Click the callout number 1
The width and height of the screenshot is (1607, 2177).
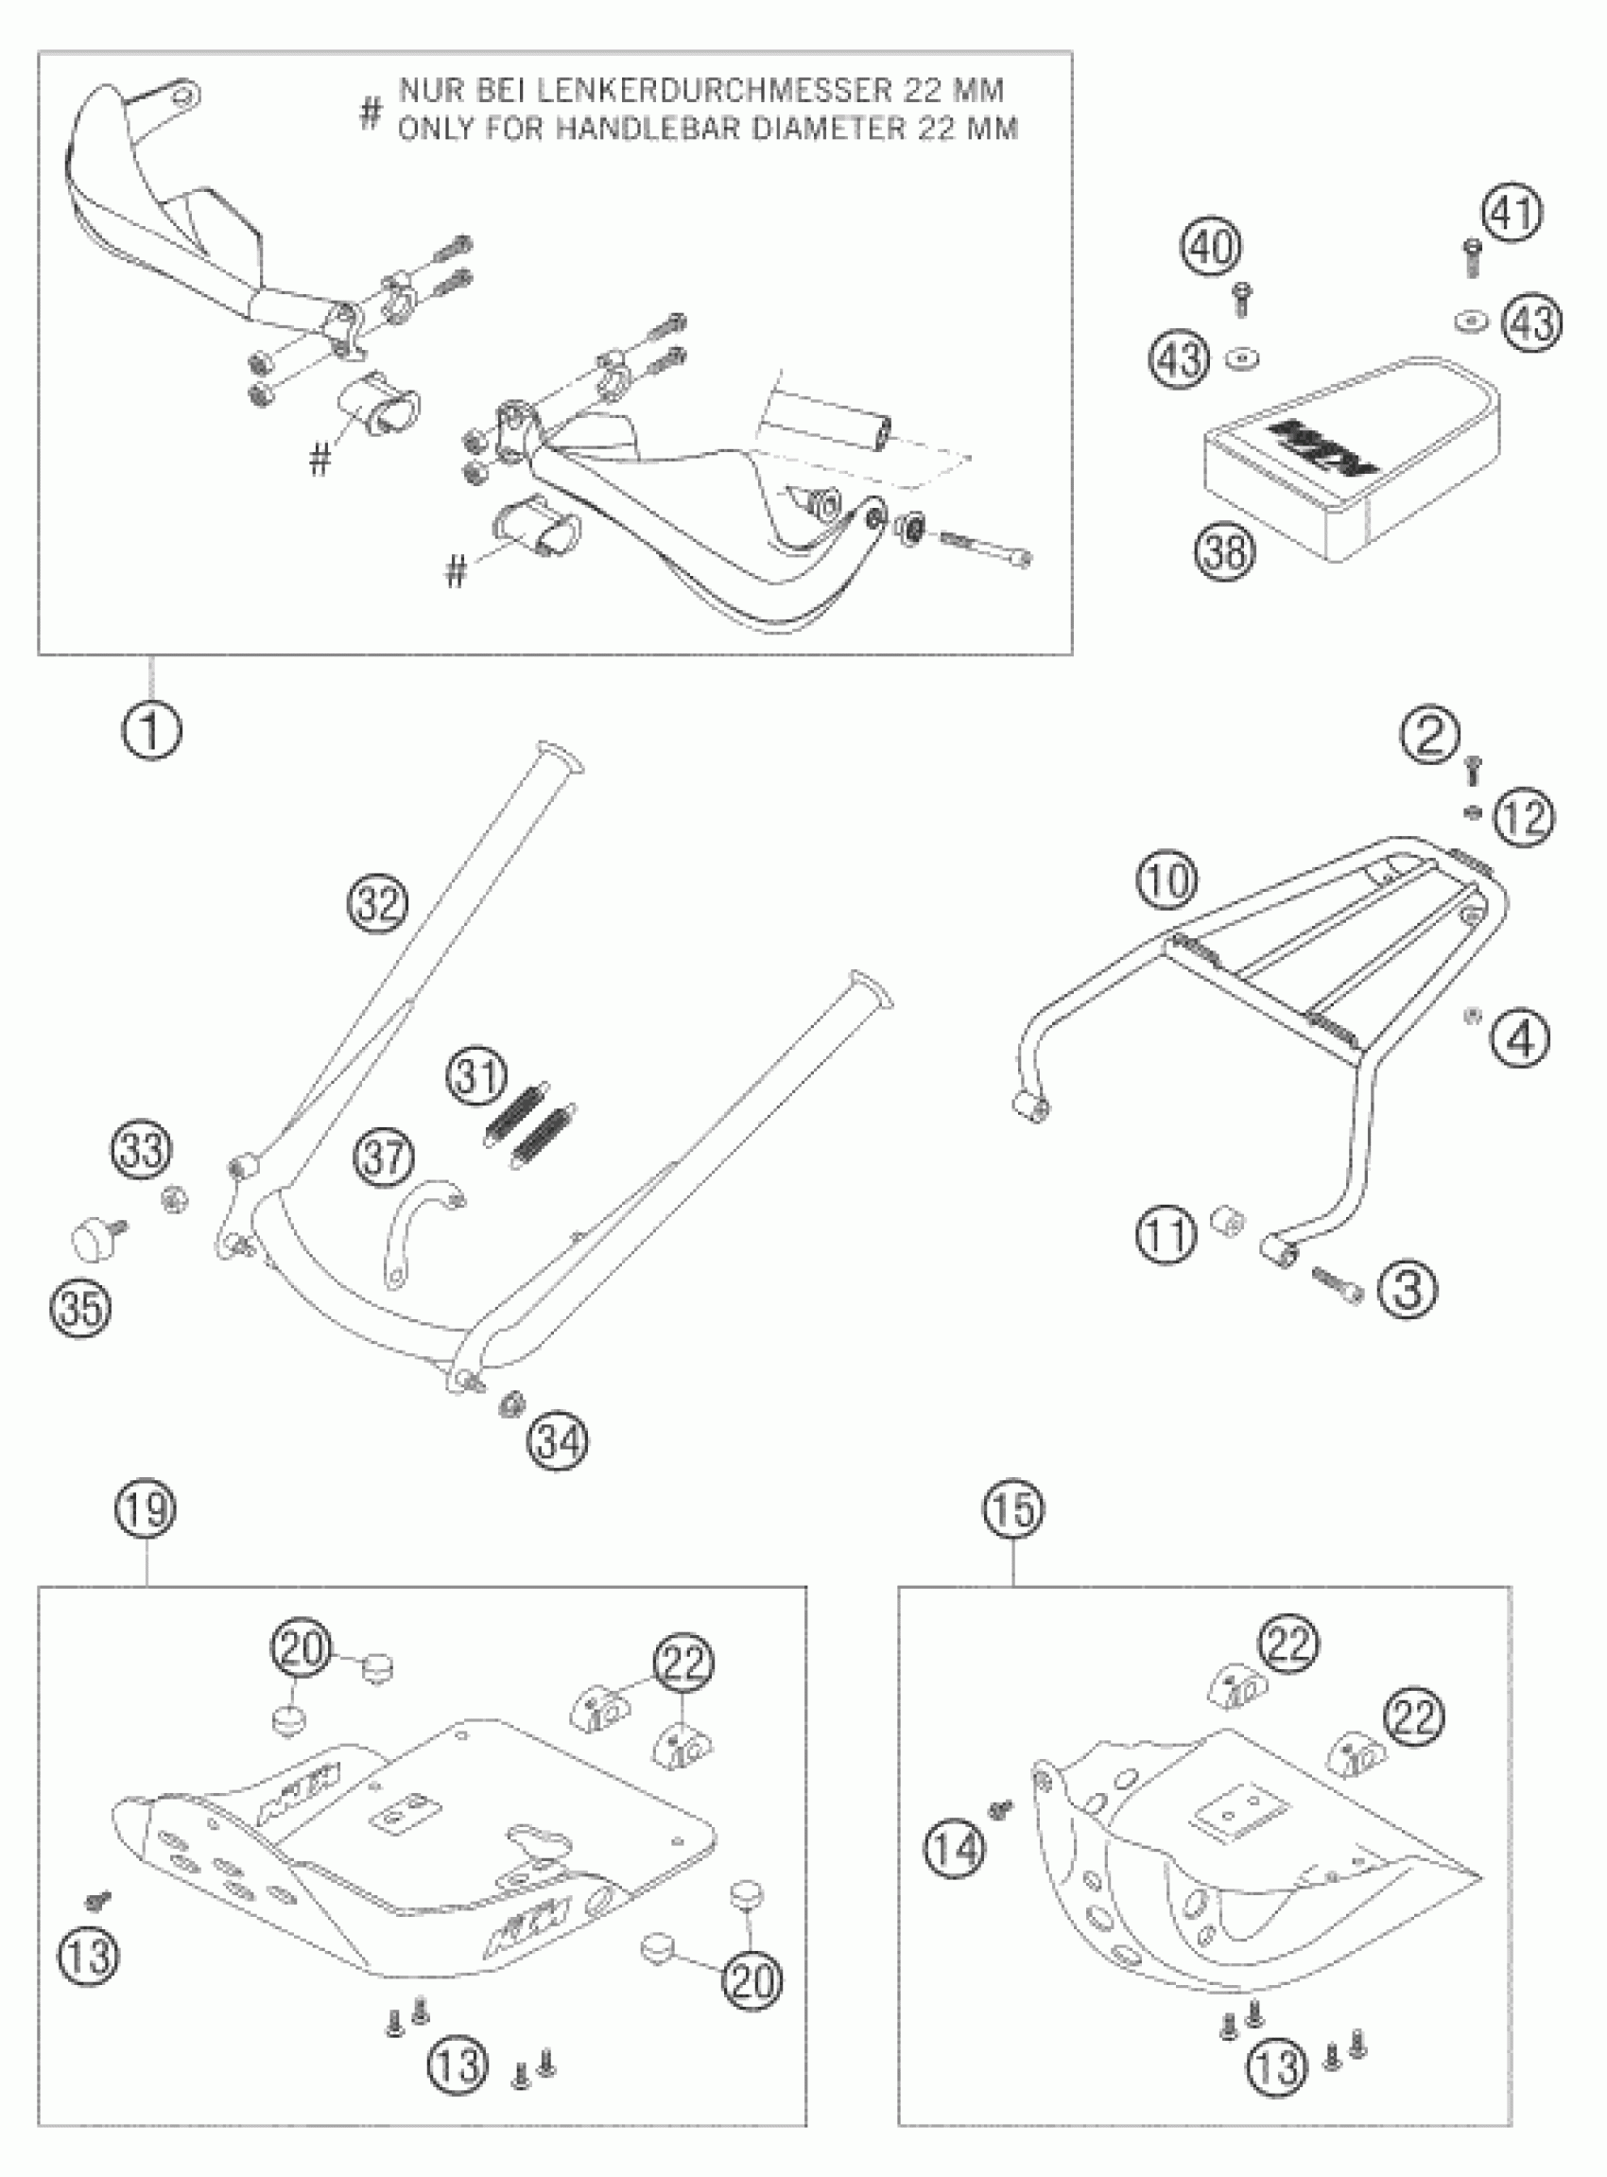152,728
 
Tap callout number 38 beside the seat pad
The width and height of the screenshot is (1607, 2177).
1225,550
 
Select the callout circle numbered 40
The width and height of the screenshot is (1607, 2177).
1210,246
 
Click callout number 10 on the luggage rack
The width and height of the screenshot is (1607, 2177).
1166,880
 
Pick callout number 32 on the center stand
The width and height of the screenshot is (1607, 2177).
378,904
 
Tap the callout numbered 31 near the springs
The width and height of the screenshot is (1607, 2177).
477,1077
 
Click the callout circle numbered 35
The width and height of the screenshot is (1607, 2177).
81,1306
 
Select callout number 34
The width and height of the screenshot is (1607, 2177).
559,1439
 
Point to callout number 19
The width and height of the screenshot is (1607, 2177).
147,1509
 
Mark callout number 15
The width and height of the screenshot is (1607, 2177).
1012,1509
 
